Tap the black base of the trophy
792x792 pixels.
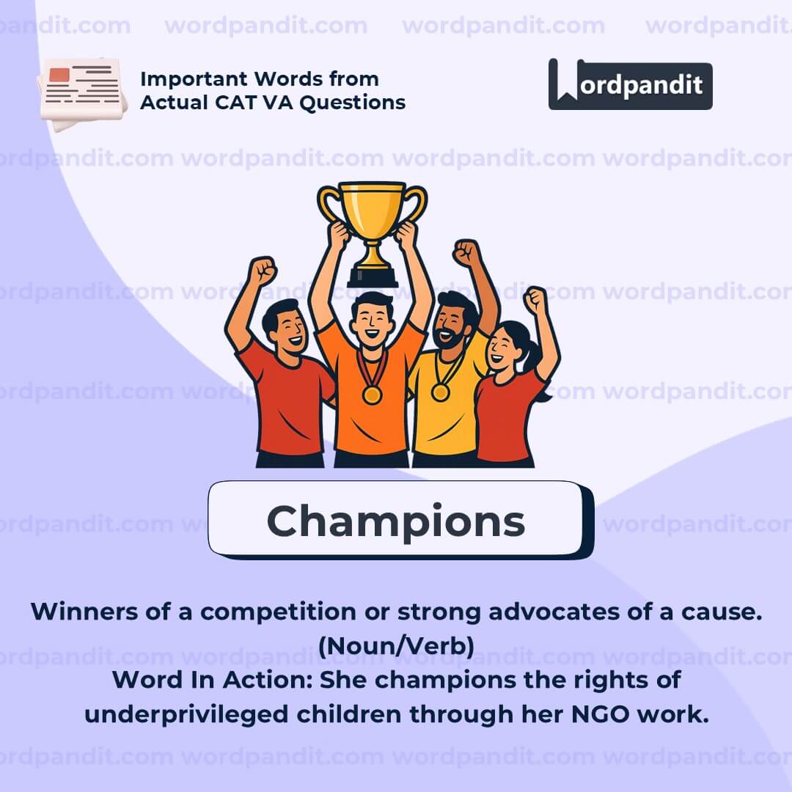(x=373, y=276)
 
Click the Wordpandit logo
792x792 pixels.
(x=631, y=84)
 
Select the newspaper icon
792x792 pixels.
(x=81, y=94)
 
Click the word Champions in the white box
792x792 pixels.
(x=396, y=522)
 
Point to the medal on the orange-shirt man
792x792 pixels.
(x=372, y=395)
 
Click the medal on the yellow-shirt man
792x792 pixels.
(x=440, y=392)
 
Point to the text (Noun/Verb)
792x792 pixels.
(x=397, y=645)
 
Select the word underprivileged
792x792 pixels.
(x=186, y=715)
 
